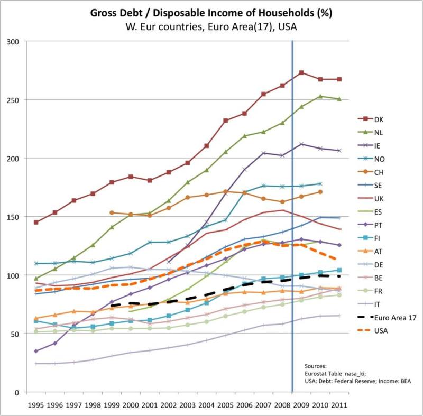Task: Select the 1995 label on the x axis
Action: click(x=35, y=405)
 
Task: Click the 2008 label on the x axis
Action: click(x=281, y=405)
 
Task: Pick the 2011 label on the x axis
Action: click(x=339, y=405)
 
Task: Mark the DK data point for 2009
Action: click(x=301, y=72)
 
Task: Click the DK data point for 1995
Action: click(x=35, y=222)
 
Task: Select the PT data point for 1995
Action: click(x=35, y=351)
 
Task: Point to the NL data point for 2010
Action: click(x=320, y=96)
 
